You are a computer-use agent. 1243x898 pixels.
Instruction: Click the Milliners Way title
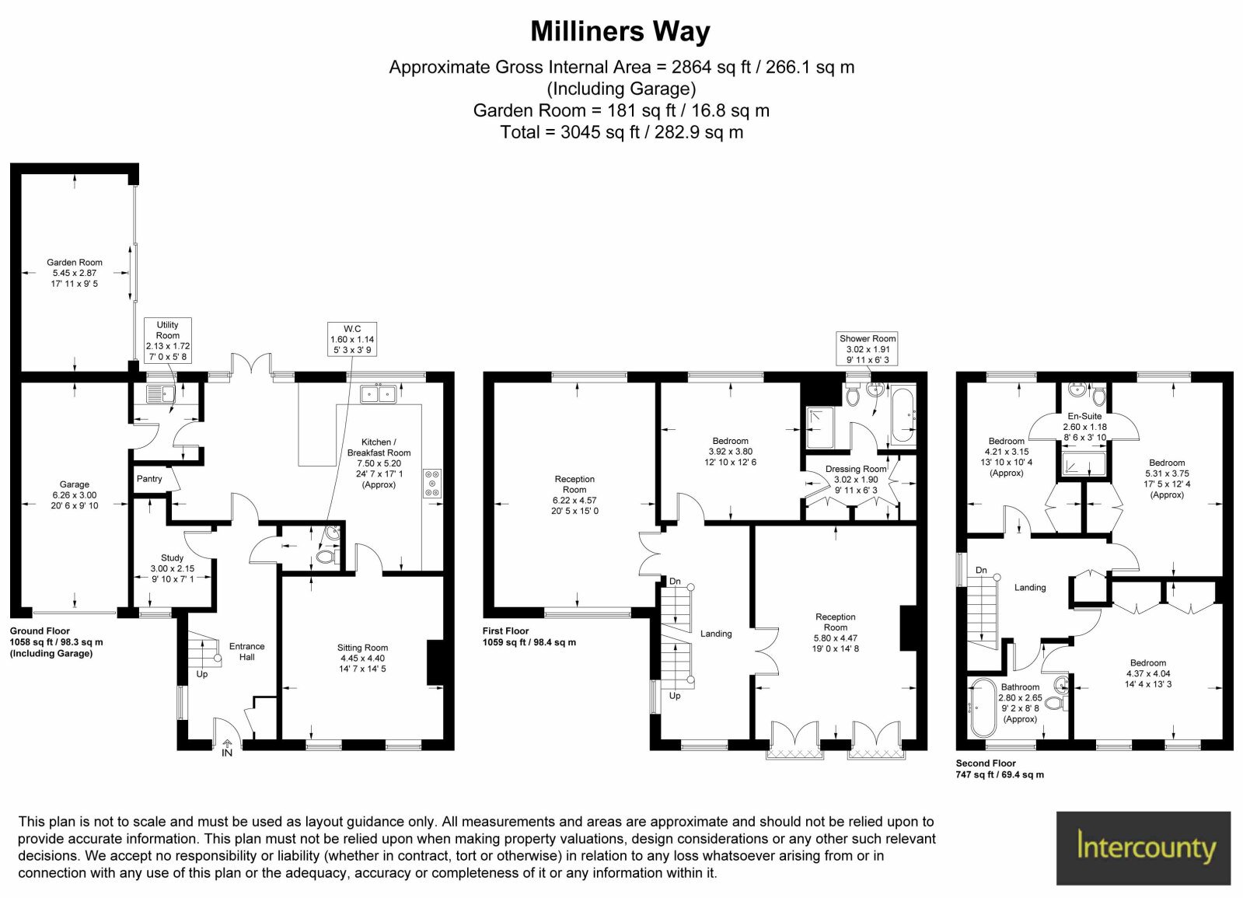pos(620,32)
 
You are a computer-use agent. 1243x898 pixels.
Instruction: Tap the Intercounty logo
pos(1147,848)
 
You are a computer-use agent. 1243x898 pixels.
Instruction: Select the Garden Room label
pos(75,263)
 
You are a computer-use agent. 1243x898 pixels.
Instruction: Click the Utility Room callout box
pos(168,341)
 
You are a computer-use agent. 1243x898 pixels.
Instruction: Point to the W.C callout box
pos(352,339)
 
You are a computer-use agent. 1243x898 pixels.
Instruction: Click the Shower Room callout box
pos(868,348)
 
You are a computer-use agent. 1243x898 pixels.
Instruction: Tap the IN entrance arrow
pos(227,748)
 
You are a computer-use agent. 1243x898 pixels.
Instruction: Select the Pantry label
pos(149,479)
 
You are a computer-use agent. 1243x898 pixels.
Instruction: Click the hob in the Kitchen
pos(432,484)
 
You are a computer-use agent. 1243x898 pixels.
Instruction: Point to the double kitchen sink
pos(378,394)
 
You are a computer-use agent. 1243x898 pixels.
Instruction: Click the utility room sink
pos(161,395)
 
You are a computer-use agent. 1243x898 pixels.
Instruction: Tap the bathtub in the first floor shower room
pos(903,415)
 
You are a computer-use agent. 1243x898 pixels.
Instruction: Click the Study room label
pos(172,557)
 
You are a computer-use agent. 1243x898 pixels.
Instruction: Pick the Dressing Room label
pos(856,469)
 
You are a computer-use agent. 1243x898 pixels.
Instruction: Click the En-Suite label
pos(1084,416)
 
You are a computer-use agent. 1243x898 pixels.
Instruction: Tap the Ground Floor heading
pos(40,631)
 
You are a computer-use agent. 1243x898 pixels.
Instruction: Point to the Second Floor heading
pos(986,763)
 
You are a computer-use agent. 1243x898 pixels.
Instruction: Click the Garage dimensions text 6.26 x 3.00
pos(75,495)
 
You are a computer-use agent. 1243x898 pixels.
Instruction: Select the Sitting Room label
pos(362,648)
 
